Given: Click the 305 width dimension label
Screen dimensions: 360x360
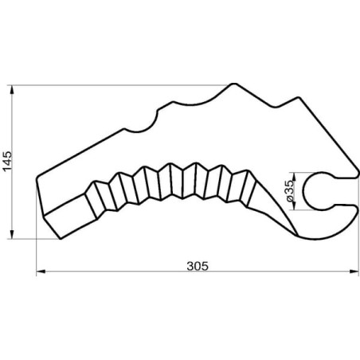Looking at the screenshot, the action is [x=198, y=266].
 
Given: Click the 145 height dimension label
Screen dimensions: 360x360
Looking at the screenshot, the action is [x=7, y=162].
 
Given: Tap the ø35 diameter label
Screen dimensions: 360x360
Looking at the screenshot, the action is [x=290, y=191].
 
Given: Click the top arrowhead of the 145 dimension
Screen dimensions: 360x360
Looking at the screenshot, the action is [x=12, y=91].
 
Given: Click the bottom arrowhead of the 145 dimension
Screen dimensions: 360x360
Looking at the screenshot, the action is [x=12, y=234].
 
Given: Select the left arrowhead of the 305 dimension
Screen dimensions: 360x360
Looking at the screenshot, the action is [x=41, y=272].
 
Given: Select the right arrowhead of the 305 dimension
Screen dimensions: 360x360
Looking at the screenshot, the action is [x=354, y=272].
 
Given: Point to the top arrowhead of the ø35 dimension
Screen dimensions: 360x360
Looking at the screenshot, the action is [x=294, y=177].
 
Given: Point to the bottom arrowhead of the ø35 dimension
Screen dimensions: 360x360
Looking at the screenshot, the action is [x=294, y=206].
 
